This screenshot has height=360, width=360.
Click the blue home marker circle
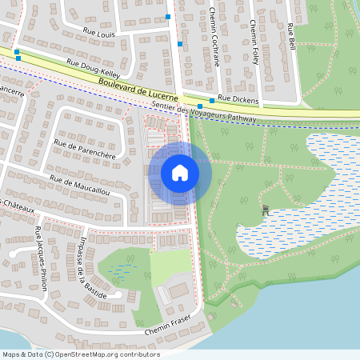pyautogui.click(x=179, y=172)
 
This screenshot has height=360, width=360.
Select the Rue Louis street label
pyautogui.click(x=99, y=34)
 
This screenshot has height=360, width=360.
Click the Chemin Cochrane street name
pyautogui.click(x=214, y=36)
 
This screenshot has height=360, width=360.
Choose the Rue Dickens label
pyautogui.click(x=238, y=98)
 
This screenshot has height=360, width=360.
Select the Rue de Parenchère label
pyautogui.click(x=84, y=148)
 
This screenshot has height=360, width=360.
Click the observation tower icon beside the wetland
pyautogui.click(x=266, y=210)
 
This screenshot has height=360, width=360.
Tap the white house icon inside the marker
pyautogui.click(x=179, y=172)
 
